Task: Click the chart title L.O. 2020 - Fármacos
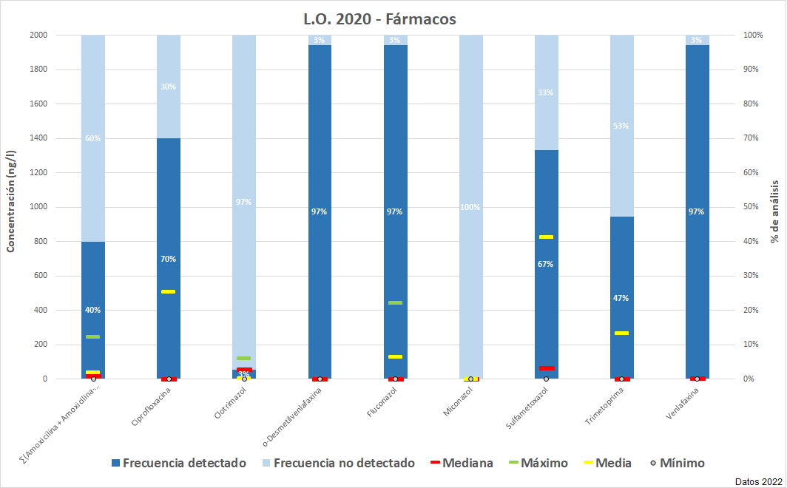tap(379, 18)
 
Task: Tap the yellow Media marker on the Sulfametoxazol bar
tap(546, 237)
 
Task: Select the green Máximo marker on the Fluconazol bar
tap(395, 302)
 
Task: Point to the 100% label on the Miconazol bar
tap(470, 207)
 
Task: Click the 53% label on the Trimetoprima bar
tap(621, 126)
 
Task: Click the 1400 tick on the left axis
tap(38, 138)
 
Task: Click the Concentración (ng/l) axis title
tap(11, 201)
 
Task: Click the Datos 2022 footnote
tap(759, 481)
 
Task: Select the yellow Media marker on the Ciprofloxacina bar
tap(168, 291)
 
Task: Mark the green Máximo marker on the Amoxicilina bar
tap(92, 336)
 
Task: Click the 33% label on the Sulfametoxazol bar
tap(546, 92)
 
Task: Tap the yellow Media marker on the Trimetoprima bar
tap(621, 333)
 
